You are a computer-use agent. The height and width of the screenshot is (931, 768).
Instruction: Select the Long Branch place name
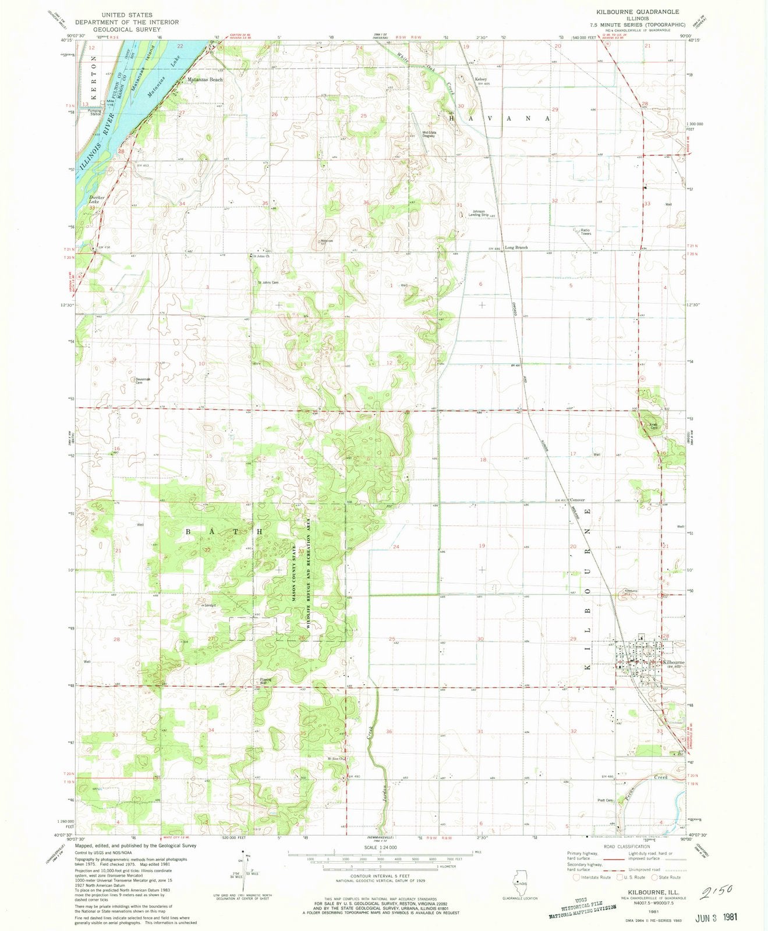click(x=516, y=248)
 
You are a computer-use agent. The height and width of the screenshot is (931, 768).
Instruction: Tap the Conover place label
click(x=577, y=500)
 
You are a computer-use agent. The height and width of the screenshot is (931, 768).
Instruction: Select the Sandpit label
click(x=210, y=605)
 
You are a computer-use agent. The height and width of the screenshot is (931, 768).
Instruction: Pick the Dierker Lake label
click(x=97, y=200)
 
